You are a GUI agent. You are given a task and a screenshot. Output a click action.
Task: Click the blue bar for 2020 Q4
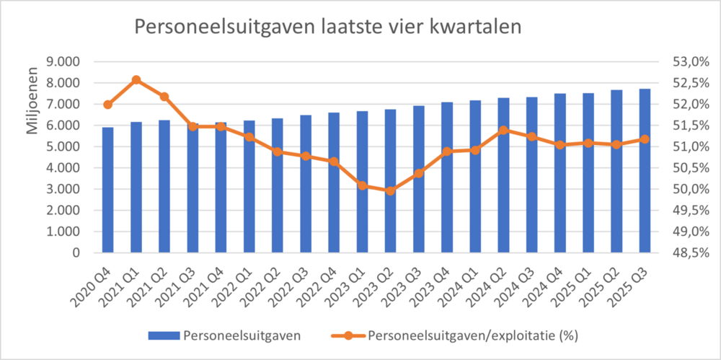pos(107,190)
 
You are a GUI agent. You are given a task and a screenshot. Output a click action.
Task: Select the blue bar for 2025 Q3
pos(645,171)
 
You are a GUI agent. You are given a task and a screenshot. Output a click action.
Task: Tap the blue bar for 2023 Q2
pos(391,181)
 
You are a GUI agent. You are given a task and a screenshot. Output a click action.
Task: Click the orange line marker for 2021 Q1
pos(136,80)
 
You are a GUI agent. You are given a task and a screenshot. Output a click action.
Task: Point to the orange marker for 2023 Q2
pos(391,191)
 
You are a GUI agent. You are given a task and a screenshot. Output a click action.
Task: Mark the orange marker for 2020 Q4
pos(107,105)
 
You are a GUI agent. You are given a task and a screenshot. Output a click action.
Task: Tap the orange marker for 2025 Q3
pos(645,139)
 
